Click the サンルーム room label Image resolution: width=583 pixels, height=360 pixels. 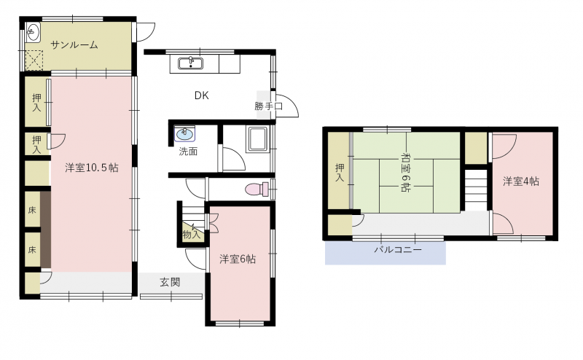74,45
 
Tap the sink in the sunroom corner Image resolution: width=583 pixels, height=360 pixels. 33,32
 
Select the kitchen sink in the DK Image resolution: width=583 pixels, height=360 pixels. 190,63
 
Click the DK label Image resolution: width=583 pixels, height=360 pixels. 202,95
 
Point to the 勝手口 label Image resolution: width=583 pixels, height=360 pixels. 268,106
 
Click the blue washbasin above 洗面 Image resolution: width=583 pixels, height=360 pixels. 185,134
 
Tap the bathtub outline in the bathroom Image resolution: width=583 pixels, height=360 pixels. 257,140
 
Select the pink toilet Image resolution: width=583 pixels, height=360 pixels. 257,189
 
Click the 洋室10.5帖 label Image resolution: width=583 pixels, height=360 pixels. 92,168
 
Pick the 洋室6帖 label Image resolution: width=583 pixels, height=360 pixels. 238,259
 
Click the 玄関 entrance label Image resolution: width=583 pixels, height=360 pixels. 170,282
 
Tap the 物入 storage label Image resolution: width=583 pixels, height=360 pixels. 192,235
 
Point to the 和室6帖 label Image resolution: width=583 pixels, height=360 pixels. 405,172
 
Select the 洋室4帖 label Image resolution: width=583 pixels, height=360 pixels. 521,181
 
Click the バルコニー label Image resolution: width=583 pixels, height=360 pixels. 398,249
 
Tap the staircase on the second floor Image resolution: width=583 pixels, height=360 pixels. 477,190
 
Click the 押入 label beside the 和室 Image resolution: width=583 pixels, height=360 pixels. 340,173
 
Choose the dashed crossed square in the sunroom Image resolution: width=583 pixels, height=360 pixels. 34,60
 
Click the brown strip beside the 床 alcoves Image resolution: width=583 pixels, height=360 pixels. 45,229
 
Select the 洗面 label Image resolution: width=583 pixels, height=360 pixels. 188,152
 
